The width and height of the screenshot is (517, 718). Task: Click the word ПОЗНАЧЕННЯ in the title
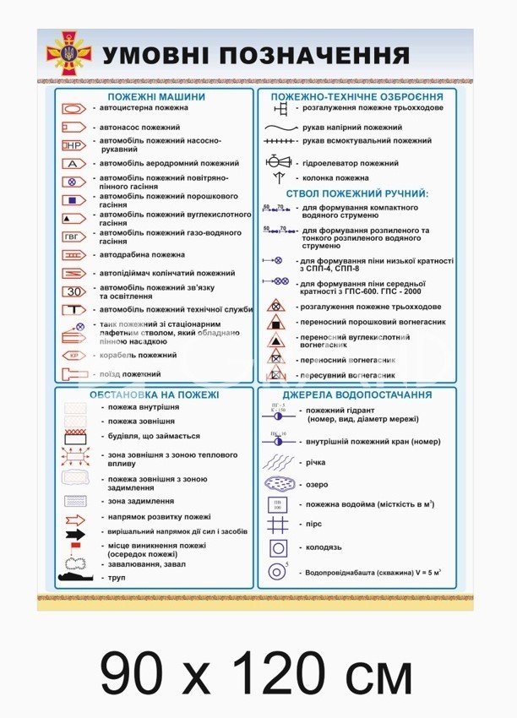314,56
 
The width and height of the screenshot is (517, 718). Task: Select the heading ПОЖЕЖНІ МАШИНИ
155,96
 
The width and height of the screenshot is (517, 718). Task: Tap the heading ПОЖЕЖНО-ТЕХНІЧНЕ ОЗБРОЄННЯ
356,96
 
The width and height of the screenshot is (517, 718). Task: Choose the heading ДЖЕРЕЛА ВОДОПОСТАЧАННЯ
356,394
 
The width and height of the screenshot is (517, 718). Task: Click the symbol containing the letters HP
73,145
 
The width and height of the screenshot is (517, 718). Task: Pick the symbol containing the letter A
73,163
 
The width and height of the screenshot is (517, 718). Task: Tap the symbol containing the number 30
73,291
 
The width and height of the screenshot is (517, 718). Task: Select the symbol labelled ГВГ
73,237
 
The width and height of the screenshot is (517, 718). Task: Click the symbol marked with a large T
73,309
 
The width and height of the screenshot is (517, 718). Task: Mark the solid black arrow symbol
75,534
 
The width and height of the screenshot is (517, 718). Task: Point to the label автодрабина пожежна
142,254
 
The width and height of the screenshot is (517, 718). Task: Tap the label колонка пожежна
335,178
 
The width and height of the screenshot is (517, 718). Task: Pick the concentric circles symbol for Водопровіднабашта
276,572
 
